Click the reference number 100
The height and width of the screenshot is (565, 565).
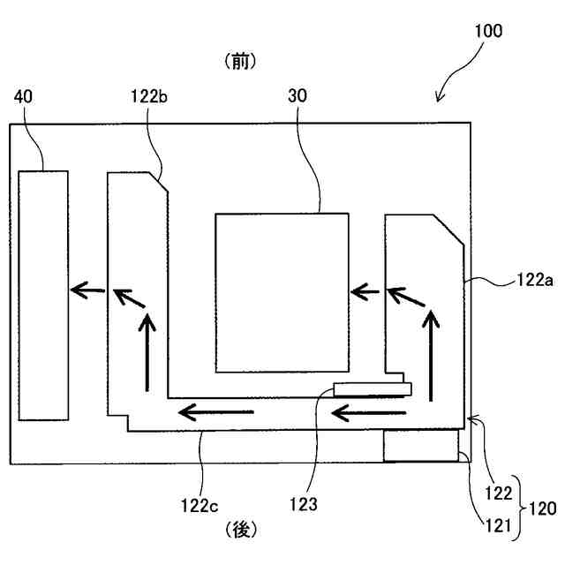pyautogui.click(x=486, y=31)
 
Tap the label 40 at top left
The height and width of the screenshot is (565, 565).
pyautogui.click(x=25, y=96)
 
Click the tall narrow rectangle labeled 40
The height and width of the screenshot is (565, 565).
pyautogui.click(x=43, y=295)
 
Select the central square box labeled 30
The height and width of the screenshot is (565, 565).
pyautogui.click(x=282, y=292)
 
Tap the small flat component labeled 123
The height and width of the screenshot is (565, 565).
pyautogui.click(x=372, y=388)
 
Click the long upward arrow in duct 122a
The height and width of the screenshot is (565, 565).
pyautogui.click(x=432, y=352)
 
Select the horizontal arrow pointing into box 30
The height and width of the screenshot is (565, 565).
pyautogui.click(x=366, y=289)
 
